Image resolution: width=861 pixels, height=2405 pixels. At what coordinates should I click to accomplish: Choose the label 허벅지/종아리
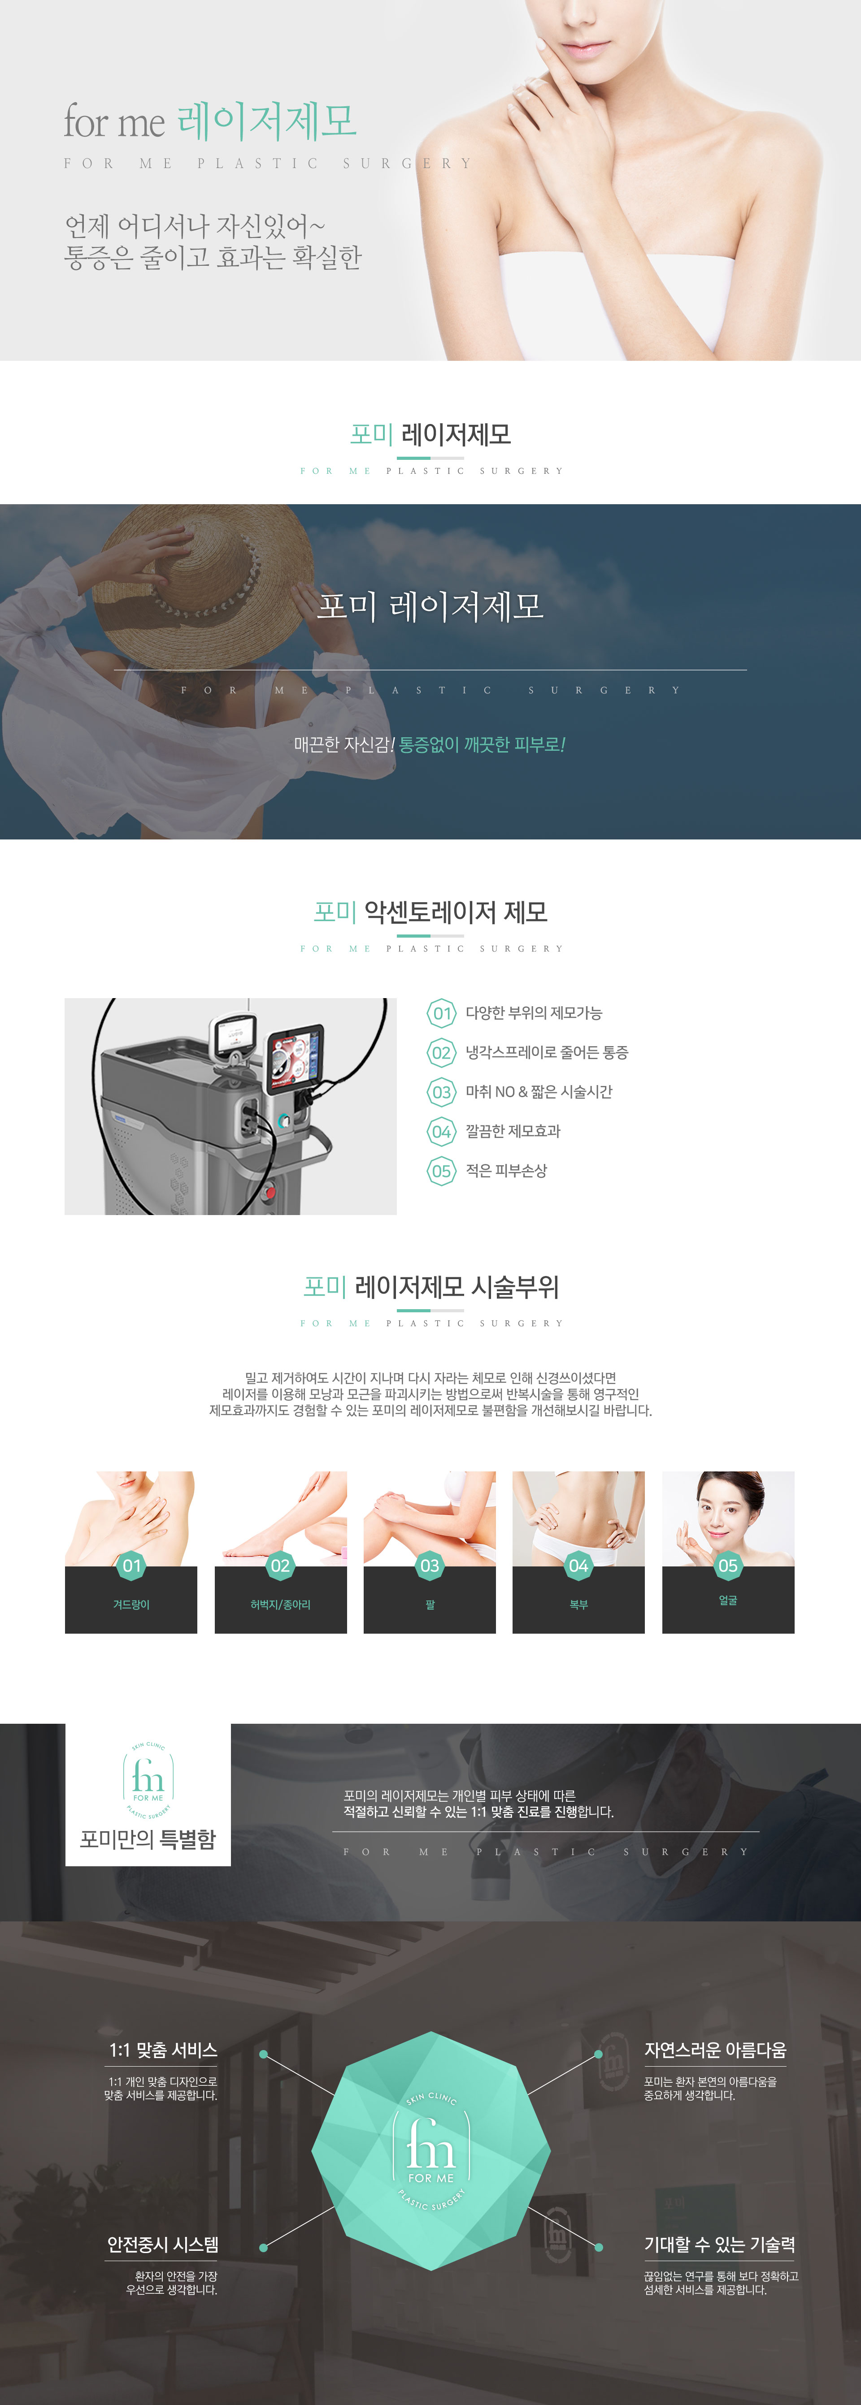(280, 1604)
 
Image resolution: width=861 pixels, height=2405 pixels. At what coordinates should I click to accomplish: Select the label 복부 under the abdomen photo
(579, 1604)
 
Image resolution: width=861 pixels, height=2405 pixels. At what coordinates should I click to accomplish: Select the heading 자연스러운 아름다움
(715, 2050)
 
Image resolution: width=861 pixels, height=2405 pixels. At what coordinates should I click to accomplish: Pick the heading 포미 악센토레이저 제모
(430, 912)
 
